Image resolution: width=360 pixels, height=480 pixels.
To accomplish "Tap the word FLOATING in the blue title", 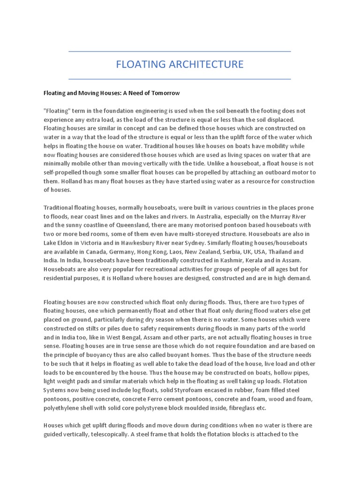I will (138, 64).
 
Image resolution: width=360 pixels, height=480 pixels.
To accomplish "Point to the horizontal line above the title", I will (180, 51).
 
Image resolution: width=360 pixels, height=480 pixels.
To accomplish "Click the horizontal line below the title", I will (180, 79).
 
